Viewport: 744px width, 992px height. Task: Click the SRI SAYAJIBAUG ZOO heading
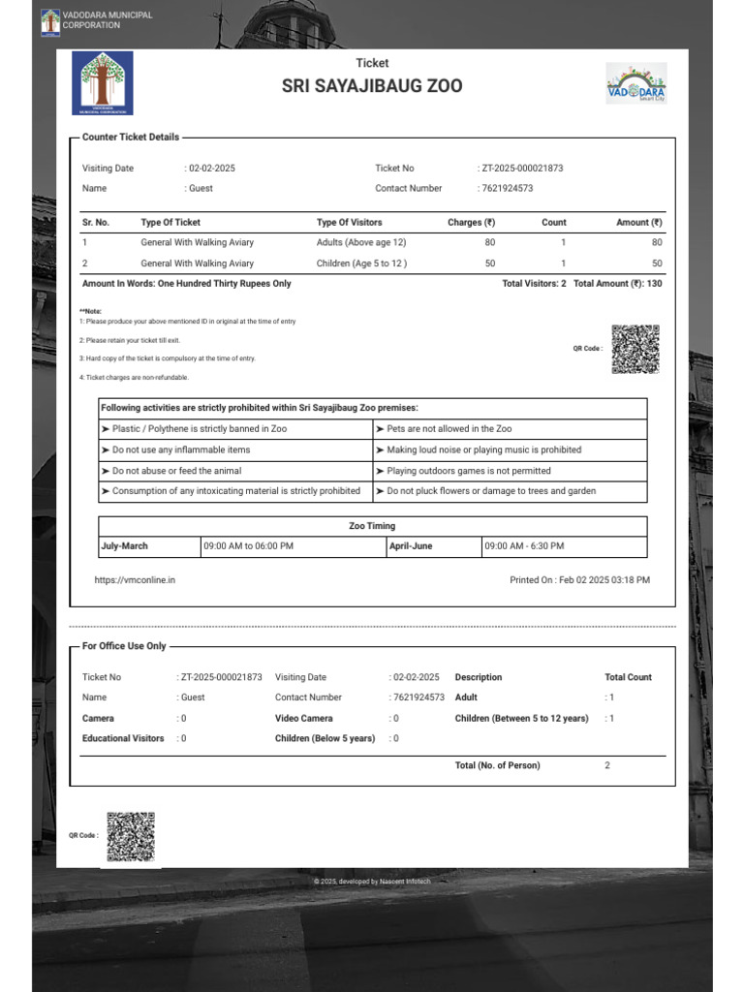point(372,86)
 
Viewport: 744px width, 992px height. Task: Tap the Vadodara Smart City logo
point(635,83)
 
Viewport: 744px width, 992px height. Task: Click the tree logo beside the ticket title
point(104,83)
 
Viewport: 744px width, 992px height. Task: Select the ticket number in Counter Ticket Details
point(522,168)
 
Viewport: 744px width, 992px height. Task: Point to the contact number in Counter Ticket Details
point(508,188)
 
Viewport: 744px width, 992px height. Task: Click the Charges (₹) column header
point(471,222)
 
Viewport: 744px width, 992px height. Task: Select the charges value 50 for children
point(489,263)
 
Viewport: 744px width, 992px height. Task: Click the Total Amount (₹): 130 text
point(617,284)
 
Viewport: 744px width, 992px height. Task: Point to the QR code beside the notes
point(635,349)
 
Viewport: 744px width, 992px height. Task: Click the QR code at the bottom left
point(130,837)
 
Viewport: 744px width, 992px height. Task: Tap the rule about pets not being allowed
point(449,428)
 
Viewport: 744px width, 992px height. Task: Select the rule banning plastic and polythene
point(200,428)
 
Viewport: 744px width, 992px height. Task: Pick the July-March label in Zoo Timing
point(125,546)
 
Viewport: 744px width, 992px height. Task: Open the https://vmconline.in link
point(135,579)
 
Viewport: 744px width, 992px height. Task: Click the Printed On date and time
point(579,579)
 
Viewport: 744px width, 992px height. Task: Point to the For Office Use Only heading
point(124,646)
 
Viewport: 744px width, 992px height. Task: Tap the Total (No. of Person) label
point(497,765)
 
